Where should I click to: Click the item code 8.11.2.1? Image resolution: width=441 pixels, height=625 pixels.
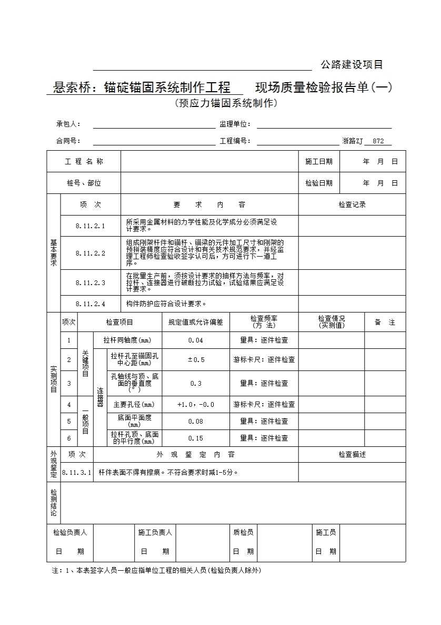(x=90, y=226)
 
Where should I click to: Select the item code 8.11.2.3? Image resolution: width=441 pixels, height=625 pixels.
(x=90, y=283)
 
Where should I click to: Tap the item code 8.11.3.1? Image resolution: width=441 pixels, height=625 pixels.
(x=76, y=473)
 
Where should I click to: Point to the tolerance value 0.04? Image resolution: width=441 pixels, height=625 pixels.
(x=196, y=340)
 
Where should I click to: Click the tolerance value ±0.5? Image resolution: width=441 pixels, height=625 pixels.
(x=196, y=360)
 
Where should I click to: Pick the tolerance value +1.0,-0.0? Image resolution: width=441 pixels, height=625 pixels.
(x=196, y=405)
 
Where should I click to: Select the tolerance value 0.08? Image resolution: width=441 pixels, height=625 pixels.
(x=196, y=422)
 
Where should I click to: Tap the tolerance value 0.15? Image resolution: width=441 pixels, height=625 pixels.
(x=196, y=438)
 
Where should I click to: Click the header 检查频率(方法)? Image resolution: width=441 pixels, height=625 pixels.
(x=264, y=322)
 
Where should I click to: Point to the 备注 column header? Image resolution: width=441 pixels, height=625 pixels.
(x=385, y=323)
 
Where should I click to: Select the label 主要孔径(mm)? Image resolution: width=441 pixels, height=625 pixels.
(x=134, y=405)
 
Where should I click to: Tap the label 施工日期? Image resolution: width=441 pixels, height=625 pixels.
(x=319, y=162)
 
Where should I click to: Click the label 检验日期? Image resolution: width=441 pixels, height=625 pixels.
(x=319, y=183)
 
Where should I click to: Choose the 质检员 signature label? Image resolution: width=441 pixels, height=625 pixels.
(x=243, y=533)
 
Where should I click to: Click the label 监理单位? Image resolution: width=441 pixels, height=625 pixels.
(x=235, y=125)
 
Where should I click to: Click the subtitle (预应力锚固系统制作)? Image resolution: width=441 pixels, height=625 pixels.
(x=226, y=103)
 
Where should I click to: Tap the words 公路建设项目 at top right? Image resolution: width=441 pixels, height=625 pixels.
(x=352, y=65)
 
